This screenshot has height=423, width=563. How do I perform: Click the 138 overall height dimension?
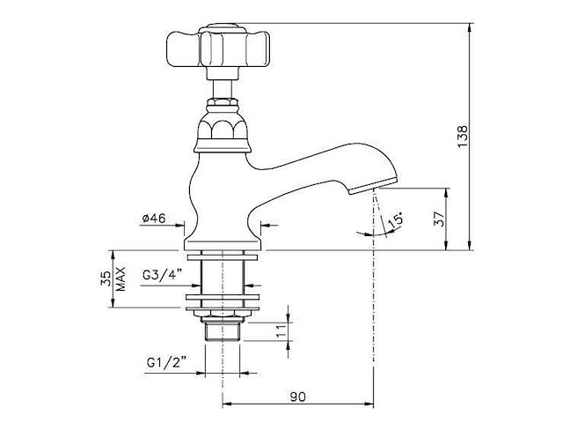pos(463,136)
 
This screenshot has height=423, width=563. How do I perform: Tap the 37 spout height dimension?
pos(440,219)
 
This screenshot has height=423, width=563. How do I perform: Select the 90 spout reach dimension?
pos(297,397)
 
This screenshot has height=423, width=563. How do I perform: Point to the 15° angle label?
pos(396,220)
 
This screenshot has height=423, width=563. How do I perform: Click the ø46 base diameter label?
pos(154,219)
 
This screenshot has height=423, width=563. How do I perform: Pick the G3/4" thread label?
pos(163,276)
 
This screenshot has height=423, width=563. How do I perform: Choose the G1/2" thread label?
pos(166,362)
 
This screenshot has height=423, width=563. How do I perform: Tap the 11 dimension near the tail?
pos(283,330)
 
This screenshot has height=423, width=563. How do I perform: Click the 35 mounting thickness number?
pos(106,278)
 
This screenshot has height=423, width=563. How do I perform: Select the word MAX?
pos(121,278)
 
